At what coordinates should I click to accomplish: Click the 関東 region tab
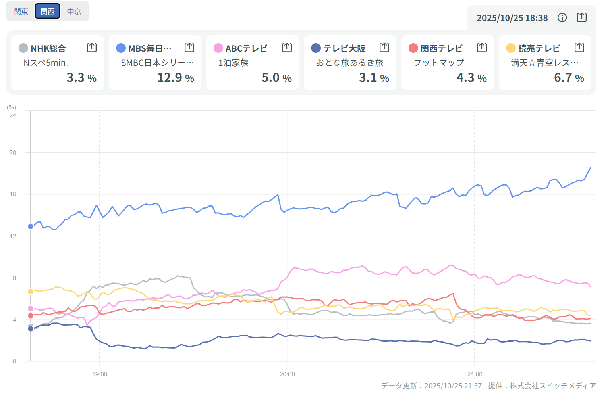pos(21,11)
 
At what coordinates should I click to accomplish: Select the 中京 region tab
pos(74,11)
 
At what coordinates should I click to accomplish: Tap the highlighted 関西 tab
pos(48,11)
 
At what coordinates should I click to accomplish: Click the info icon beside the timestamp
pos(562,17)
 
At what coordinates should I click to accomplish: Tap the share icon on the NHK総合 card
pos(92,48)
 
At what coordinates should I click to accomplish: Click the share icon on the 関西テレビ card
pos(482,48)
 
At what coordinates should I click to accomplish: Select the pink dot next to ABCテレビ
pos(218,48)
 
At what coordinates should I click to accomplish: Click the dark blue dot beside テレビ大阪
pos(316,48)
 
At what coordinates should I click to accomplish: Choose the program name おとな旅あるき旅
pos(349,63)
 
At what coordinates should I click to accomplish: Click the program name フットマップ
pos(439,63)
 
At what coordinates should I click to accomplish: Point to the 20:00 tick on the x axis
pos(287,374)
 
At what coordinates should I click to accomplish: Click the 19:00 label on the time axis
pos(100,374)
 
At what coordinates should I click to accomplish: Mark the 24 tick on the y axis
pos(13,115)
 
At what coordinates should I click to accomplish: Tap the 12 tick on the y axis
pos(13,236)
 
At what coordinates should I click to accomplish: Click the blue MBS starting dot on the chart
pos(31,226)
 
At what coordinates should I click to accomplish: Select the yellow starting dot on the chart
pos(31,291)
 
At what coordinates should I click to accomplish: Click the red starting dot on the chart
pos(31,316)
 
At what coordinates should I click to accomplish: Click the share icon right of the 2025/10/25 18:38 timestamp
pos(581,17)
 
